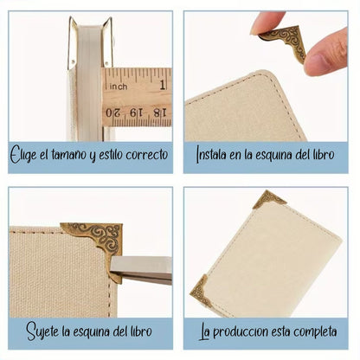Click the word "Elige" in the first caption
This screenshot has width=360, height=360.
tap(24, 157)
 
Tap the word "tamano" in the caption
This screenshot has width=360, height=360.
tap(73, 157)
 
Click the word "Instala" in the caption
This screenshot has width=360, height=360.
tap(213, 157)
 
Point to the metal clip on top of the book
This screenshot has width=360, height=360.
tap(90, 39)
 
